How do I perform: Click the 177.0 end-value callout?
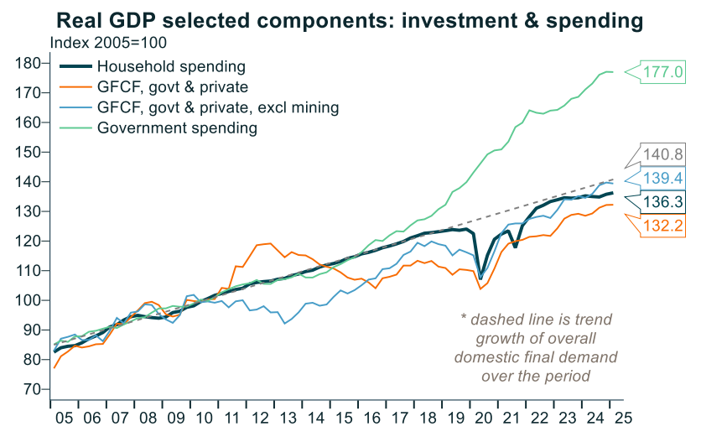[x=665, y=72]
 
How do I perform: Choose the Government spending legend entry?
[x=177, y=128]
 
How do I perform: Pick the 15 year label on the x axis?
[x=342, y=418]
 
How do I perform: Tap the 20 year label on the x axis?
[x=482, y=418]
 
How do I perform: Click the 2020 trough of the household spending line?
[x=480, y=278]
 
